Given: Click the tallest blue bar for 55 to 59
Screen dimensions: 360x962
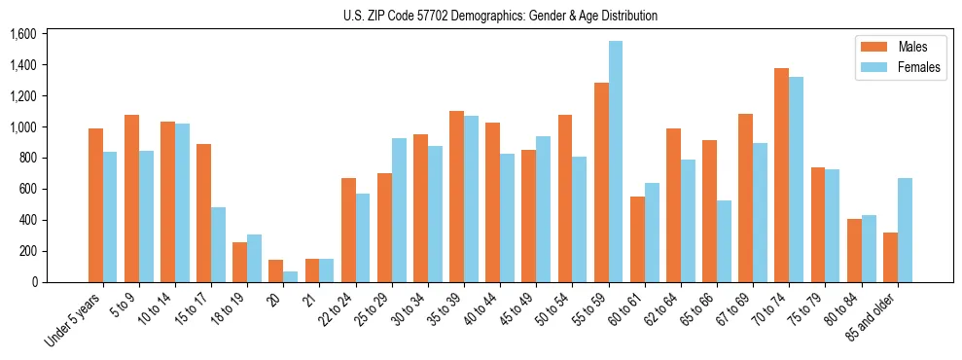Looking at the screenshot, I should point(616,162).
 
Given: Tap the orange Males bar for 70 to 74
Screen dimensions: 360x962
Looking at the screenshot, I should point(746,175).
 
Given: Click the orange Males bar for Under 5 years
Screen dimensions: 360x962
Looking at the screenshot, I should point(95,205).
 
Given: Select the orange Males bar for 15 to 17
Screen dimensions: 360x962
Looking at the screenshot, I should point(204,213).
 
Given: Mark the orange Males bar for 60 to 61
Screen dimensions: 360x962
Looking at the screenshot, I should point(638,239).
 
